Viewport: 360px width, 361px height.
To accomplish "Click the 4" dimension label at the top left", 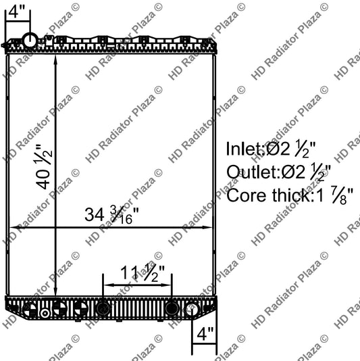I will pos(16,11).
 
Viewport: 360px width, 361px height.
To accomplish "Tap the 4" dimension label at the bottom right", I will pos(204,334).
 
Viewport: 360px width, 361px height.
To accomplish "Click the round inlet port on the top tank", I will pos(30,41).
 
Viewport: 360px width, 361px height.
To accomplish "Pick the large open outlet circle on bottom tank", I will pos(191,310).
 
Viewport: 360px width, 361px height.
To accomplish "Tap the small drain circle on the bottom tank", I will pos(45,314).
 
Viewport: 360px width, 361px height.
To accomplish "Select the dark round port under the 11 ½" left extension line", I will pos(103,308).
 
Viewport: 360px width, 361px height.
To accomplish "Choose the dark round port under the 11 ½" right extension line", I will pos(172,308).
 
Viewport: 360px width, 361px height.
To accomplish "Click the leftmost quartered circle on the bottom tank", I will pos(30,310).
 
